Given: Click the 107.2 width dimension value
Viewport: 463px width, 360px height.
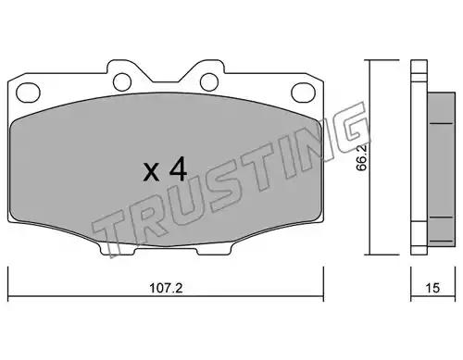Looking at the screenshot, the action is (166, 288).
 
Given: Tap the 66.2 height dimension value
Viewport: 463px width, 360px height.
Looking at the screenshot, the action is (361, 157).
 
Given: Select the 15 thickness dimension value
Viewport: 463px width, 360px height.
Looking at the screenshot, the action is (432, 288).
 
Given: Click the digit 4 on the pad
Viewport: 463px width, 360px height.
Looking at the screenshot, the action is (178, 168).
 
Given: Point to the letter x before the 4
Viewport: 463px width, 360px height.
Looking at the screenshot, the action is (151, 173).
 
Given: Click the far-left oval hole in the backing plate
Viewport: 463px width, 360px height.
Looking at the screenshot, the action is (28, 93).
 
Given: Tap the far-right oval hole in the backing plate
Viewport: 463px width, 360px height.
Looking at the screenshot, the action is (303, 93).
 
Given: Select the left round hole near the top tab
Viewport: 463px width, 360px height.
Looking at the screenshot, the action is (122, 81).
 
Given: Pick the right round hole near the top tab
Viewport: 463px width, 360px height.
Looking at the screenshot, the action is (209, 82).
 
